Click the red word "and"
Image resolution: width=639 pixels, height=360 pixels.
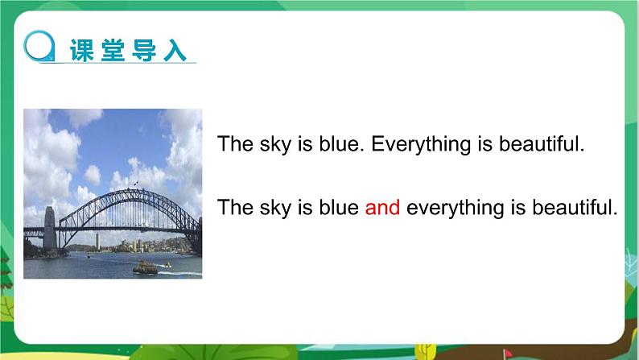pyautogui.click(x=382, y=208)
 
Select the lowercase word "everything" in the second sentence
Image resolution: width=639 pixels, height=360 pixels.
pyautogui.click(x=452, y=208)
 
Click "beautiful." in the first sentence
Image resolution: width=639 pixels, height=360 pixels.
pyautogui.click(x=541, y=145)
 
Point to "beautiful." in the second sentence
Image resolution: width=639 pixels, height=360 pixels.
pyautogui.click(x=576, y=208)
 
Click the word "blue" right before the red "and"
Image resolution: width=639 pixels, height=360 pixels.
pyautogui.click(x=340, y=208)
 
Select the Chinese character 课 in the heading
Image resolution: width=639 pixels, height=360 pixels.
pyautogui.click(x=82, y=50)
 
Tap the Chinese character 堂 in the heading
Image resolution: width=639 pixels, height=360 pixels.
pyautogui.click(x=113, y=50)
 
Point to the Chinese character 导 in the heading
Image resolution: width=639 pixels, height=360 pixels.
pyautogui.click(x=143, y=50)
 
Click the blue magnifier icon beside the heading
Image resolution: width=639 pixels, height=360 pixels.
pyautogui.click(x=39, y=44)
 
